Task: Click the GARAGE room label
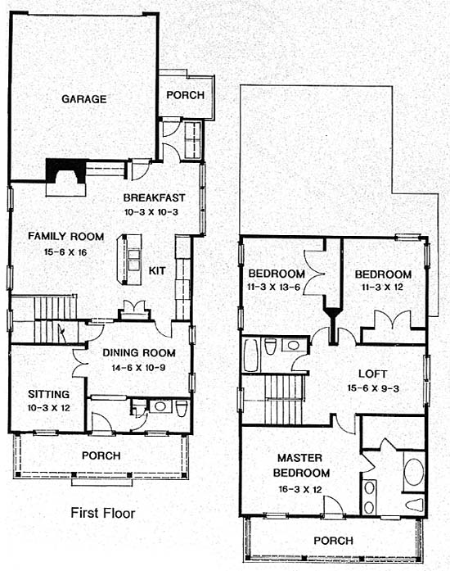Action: click(x=84, y=99)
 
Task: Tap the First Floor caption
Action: click(x=102, y=513)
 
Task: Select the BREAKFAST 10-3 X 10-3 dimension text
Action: click(x=151, y=212)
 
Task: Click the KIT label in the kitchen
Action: click(x=157, y=271)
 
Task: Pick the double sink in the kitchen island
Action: click(x=134, y=260)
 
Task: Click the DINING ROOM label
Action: click(x=139, y=353)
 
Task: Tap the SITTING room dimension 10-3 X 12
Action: click(x=49, y=408)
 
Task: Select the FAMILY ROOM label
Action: click(x=65, y=236)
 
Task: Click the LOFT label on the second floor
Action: click(x=373, y=374)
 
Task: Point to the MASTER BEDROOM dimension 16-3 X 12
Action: click(x=300, y=489)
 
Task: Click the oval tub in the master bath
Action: click(x=414, y=472)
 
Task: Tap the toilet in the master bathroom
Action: click(x=415, y=505)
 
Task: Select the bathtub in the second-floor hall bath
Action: click(x=250, y=355)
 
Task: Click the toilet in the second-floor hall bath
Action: click(x=270, y=347)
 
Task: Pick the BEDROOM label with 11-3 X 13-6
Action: click(x=277, y=274)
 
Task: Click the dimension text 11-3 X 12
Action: click(x=382, y=288)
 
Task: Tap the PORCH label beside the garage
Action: click(x=185, y=95)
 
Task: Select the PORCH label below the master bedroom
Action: click(x=333, y=541)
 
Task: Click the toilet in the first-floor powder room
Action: click(x=181, y=408)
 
